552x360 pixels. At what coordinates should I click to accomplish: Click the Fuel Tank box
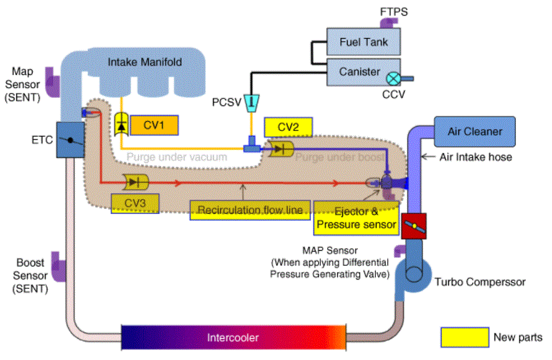tap(364, 42)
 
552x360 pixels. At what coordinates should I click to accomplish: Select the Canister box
tap(359, 72)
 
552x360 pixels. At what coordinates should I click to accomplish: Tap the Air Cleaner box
tap(475, 132)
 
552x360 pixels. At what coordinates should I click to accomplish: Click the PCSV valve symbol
tap(253, 102)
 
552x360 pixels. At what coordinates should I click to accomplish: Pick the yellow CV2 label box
tap(288, 127)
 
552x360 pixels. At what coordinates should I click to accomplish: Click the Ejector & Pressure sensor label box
tap(357, 218)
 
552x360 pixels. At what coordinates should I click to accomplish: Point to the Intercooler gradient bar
tap(232, 338)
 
